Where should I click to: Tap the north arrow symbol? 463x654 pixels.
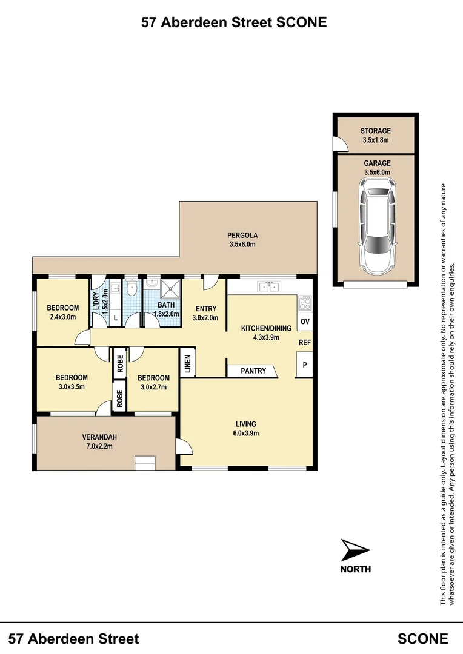click(x=355, y=550)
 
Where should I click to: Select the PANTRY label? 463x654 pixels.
click(x=253, y=371)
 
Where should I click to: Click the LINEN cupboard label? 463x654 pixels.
click(x=187, y=363)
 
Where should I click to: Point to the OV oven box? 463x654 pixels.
click(x=305, y=322)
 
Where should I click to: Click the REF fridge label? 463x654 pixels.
click(x=305, y=342)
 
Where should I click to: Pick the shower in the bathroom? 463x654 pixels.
click(x=170, y=289)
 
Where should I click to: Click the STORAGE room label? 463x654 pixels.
click(x=376, y=131)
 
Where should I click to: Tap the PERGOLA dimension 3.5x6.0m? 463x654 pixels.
click(x=242, y=245)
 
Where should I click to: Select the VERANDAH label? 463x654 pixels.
click(x=99, y=437)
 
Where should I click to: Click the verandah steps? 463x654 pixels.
click(x=145, y=463)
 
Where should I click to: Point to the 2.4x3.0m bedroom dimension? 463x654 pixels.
click(x=63, y=317)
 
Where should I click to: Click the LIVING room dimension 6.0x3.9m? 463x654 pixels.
click(x=246, y=433)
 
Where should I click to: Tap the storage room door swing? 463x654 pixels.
click(x=340, y=144)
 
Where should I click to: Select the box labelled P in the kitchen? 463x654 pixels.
click(x=305, y=365)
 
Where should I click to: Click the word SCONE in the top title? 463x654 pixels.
click(x=301, y=22)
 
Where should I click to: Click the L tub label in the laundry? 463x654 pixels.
click(x=116, y=319)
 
